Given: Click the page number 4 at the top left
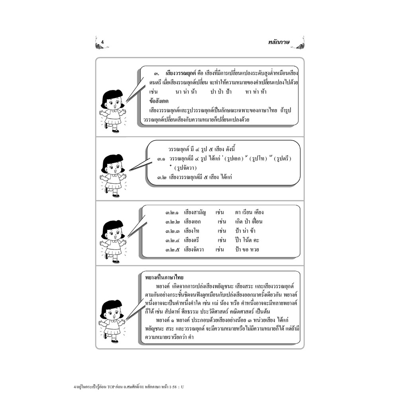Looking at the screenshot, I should point(102,42).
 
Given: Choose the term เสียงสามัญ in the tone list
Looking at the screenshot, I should point(195,212).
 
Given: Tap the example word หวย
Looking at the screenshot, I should point(253,250).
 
